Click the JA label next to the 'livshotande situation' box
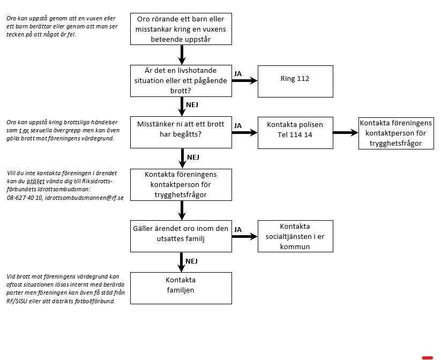coord(238,74)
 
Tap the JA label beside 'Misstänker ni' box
coord(238,126)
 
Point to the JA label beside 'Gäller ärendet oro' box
coord(238,229)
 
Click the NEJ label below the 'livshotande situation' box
coord(192,105)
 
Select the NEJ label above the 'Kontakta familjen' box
coord(191,261)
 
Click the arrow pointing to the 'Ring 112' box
coord(245,81)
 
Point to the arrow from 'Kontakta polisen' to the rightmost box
coord(346,132)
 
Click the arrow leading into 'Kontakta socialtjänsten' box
coord(245,237)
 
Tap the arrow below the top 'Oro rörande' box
coord(182,55)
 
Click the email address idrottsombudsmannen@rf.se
coord(84,198)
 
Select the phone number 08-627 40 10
coord(25,198)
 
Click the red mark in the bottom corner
coord(428,358)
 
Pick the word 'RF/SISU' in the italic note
coord(17,301)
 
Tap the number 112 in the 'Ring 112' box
coord(303,78)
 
